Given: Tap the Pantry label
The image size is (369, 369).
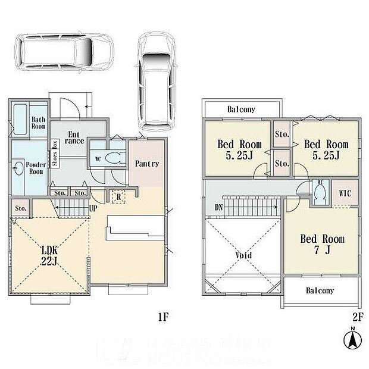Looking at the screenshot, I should (x=147, y=164).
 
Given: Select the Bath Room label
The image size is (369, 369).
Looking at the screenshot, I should (x=38, y=122).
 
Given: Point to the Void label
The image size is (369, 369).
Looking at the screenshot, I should (x=243, y=255).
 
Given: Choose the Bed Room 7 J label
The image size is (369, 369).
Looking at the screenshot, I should (x=322, y=244).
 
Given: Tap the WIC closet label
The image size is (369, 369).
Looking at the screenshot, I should (x=345, y=193).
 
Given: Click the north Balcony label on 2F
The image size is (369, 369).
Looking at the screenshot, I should (x=241, y=110).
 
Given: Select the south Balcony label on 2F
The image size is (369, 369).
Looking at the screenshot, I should (x=320, y=291).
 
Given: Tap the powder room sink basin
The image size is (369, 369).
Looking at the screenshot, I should (x=20, y=168).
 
